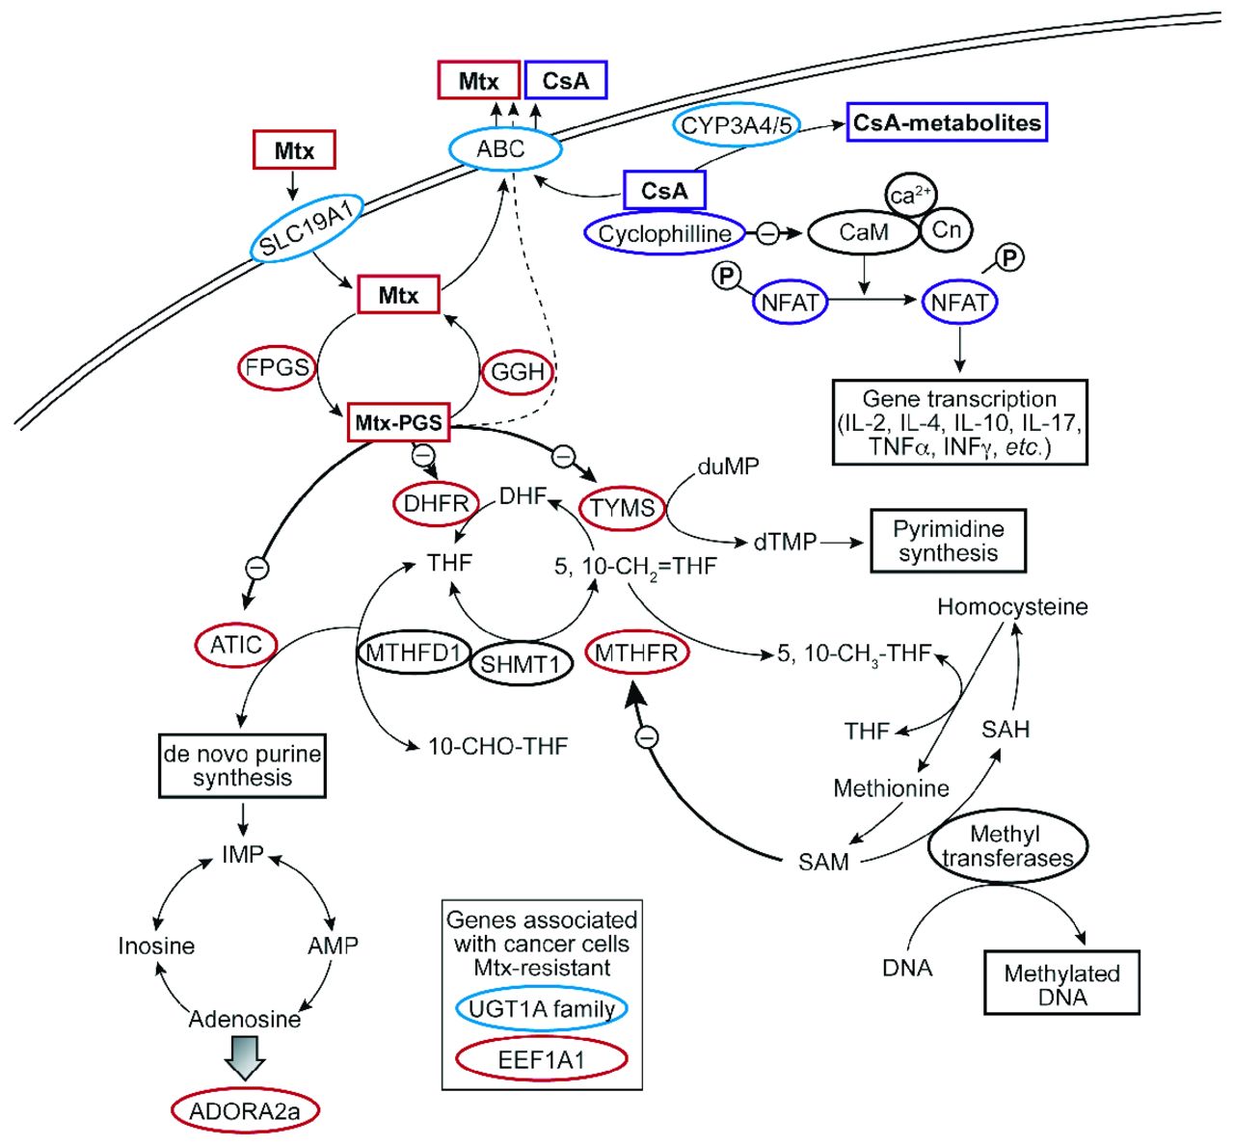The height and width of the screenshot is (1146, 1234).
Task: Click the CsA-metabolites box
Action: [x=947, y=123]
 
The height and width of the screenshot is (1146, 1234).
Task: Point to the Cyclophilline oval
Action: [x=664, y=233]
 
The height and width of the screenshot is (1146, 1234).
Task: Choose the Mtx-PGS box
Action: [x=399, y=422]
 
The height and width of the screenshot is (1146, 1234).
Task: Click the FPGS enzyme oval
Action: [x=278, y=367]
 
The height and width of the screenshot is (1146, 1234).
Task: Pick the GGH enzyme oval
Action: [x=518, y=371]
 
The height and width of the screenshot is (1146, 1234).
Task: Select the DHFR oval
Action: [x=436, y=503]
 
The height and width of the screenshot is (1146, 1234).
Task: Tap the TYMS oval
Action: [x=623, y=508]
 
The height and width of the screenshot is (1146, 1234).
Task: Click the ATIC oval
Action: [x=236, y=644]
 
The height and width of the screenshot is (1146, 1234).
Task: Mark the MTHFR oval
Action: [x=635, y=653]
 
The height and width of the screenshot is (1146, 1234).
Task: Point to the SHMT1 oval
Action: [x=521, y=664]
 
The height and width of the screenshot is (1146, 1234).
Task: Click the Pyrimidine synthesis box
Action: [x=948, y=541]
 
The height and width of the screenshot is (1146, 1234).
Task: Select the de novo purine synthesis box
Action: [x=242, y=766]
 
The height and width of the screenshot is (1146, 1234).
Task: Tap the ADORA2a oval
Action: [x=245, y=1111]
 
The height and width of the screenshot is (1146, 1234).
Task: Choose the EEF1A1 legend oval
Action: [x=542, y=1060]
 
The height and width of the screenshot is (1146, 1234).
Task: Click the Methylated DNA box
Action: [x=1061, y=984]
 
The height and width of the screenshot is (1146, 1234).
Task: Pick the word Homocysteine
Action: [x=1012, y=607]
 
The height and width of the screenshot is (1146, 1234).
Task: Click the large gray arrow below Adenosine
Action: [x=244, y=1057]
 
